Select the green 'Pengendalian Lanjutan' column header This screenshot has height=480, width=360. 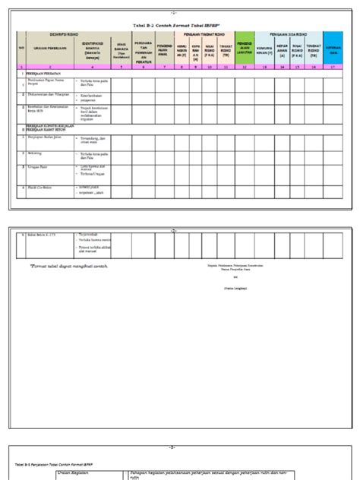coord(244,47)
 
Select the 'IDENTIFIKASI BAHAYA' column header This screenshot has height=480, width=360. coord(93,49)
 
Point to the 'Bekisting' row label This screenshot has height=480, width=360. coord(36,151)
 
